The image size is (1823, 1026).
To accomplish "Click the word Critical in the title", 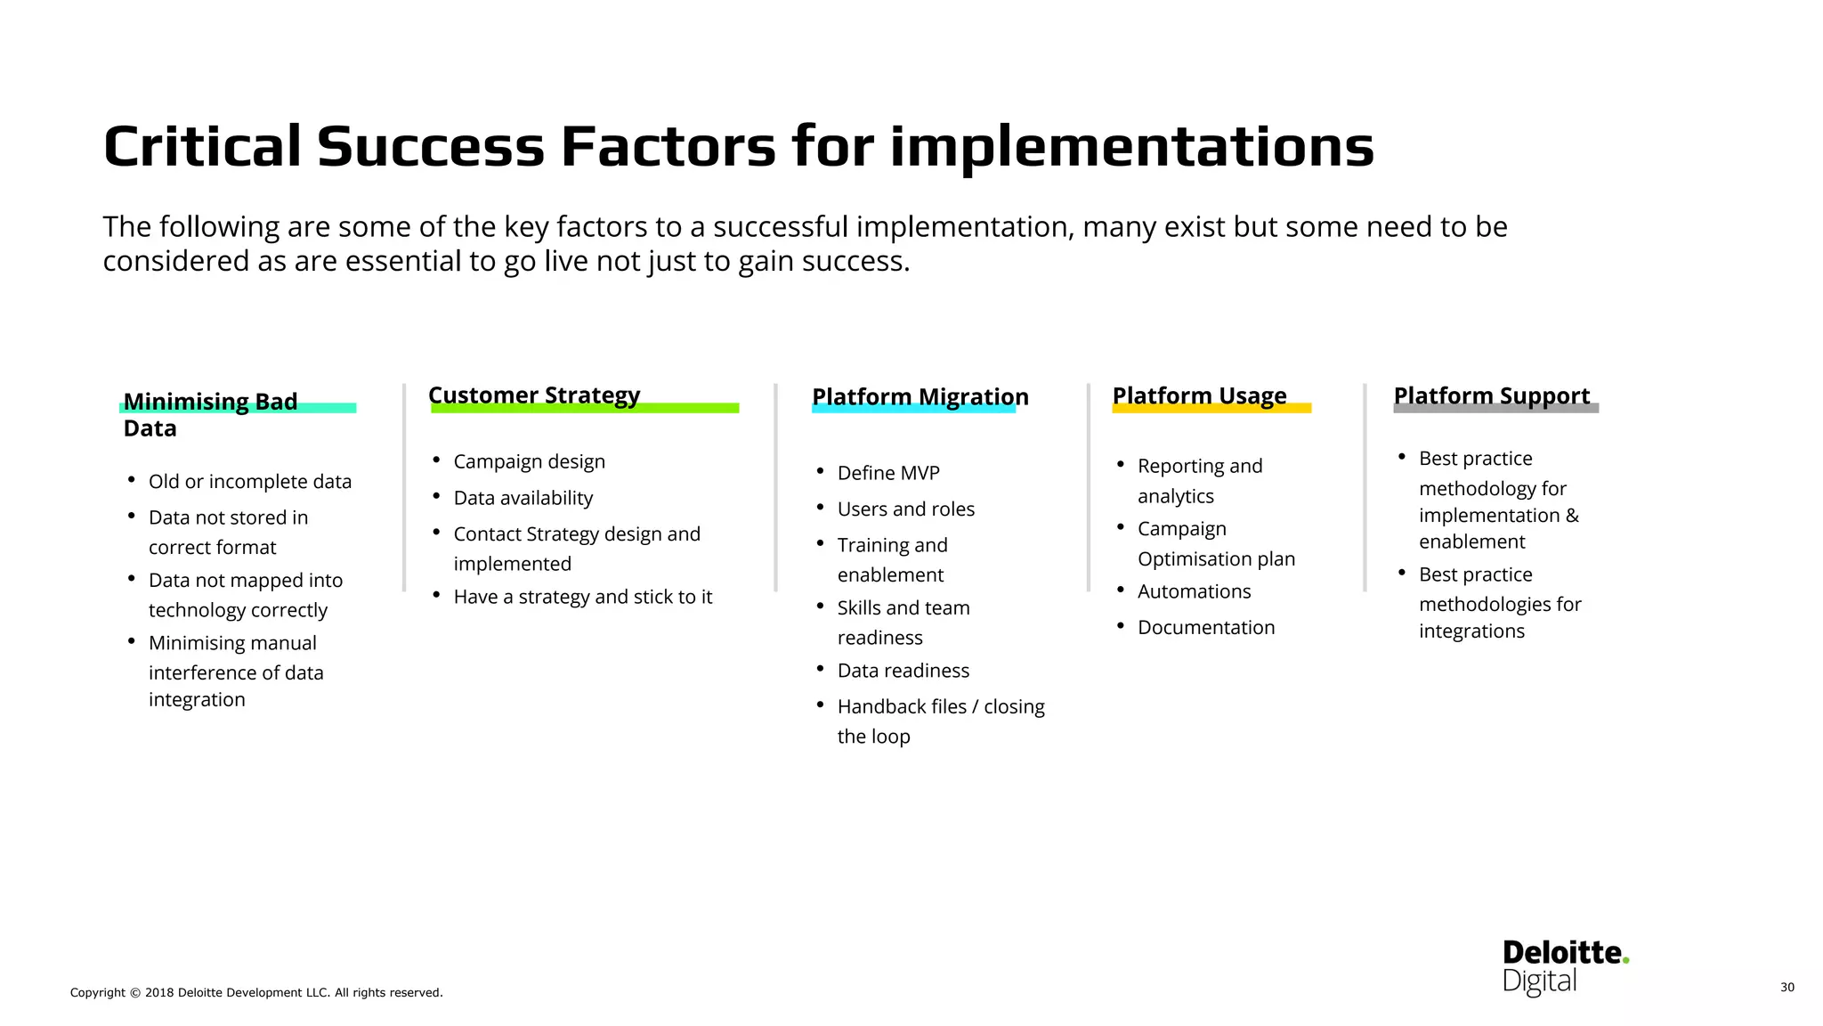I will tap(202, 146).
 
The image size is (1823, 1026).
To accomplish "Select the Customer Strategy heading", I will tap(534, 395).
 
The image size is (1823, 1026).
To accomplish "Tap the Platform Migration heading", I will tap(920, 396).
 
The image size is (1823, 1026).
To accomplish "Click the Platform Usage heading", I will tap(1199, 395).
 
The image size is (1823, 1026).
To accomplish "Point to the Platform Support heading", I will tap(1491, 395).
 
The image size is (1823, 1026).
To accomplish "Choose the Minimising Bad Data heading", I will tap(210, 413).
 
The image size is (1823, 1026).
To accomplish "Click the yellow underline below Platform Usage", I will tap(1211, 409).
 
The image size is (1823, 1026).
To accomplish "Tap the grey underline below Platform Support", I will tap(1495, 409).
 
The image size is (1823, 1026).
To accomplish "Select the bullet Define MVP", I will tap(887, 473).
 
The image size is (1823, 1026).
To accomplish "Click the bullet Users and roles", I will tap(905, 509).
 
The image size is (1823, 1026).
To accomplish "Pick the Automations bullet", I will tap(1194, 591).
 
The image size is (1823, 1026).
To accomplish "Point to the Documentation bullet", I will tap(1205, 627).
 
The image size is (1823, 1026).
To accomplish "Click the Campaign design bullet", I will tap(529, 461).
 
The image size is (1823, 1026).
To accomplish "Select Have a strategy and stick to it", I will tap(582, 597).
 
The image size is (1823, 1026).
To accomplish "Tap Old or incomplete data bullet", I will tap(249, 481).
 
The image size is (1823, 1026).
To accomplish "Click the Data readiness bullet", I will tap(903, 671).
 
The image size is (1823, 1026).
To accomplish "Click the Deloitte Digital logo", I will tap(1564, 966).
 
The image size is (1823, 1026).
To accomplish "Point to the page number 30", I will tap(1787, 987).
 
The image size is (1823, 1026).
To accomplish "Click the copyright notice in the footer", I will tap(256, 992).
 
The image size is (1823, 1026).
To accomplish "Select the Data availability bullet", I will tap(523, 498).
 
